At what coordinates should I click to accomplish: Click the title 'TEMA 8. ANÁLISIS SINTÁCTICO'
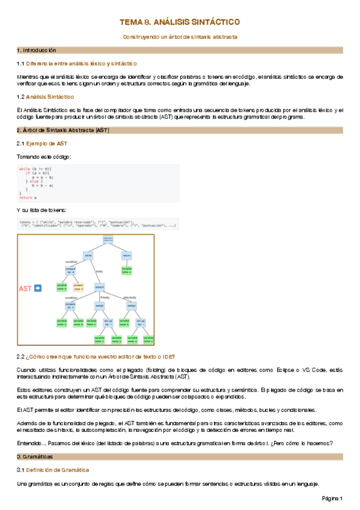180,22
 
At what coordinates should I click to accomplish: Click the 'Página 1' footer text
331,499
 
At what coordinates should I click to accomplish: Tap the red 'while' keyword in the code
25,169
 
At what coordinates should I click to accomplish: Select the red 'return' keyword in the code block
26,197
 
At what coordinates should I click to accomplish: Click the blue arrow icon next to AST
37,289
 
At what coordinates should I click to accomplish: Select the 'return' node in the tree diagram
126,255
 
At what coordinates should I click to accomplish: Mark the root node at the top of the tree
108,240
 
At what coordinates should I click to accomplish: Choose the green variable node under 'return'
126,271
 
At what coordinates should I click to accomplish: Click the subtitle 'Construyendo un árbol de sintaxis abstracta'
180,37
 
